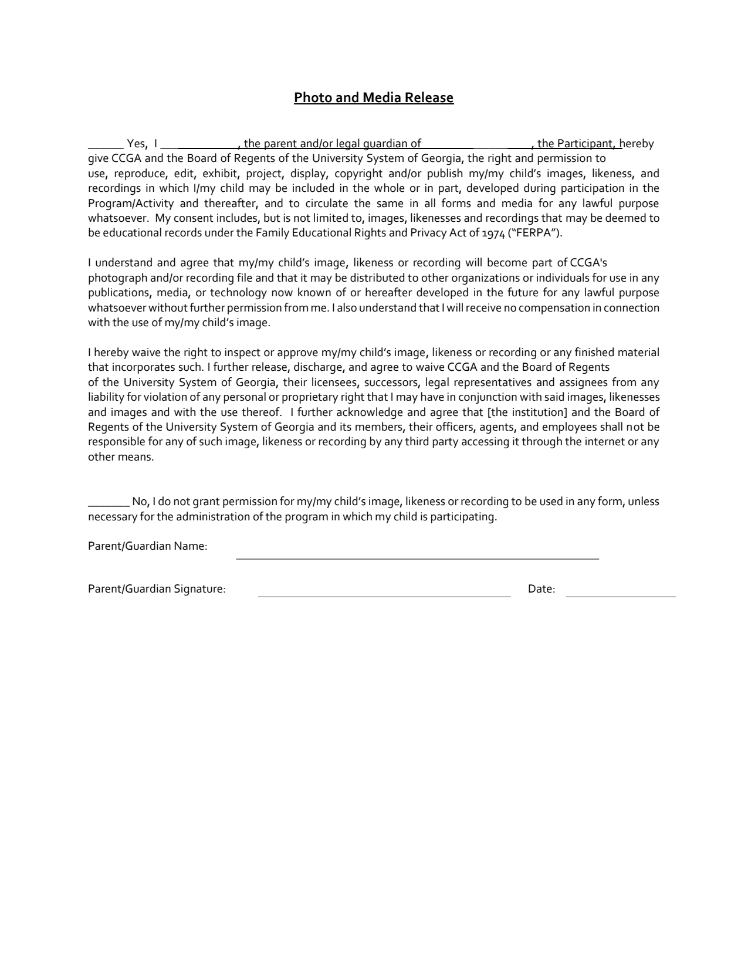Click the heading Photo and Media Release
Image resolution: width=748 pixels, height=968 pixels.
click(x=374, y=97)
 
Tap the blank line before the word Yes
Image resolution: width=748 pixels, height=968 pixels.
click(x=106, y=147)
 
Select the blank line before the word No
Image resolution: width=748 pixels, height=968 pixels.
click(x=109, y=505)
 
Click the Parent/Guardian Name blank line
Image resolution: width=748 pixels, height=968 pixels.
click(x=417, y=557)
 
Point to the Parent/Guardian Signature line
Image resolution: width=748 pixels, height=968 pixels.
click(x=384, y=595)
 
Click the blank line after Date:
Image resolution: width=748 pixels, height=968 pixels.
click(x=621, y=595)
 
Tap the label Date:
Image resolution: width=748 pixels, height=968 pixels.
click(x=541, y=589)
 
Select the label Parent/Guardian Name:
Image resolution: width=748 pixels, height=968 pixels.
click(x=148, y=546)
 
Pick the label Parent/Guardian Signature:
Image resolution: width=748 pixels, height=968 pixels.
click(x=157, y=589)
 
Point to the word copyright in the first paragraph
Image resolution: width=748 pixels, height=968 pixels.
click(x=358, y=174)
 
